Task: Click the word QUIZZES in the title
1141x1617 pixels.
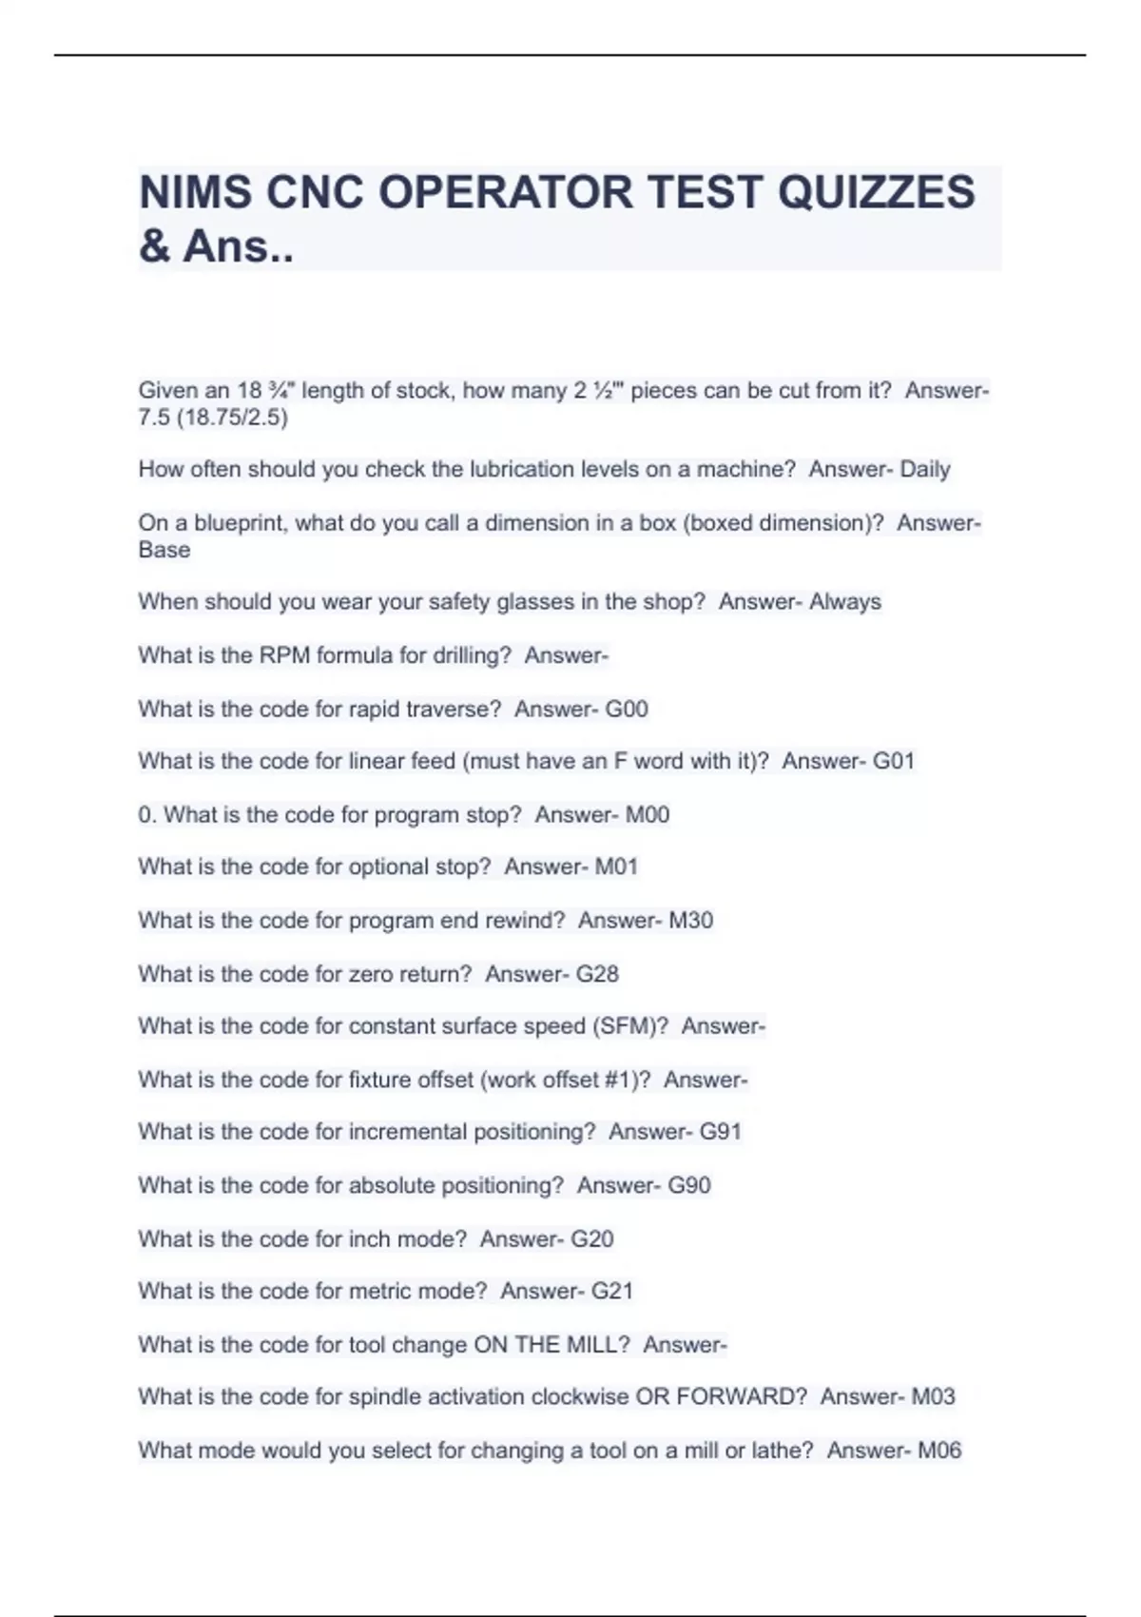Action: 877,192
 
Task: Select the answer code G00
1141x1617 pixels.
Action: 627,710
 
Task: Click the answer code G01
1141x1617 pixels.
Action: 894,762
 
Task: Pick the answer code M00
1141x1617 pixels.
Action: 648,815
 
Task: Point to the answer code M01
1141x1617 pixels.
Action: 616,867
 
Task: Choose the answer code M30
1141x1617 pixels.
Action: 691,921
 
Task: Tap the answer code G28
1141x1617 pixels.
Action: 597,974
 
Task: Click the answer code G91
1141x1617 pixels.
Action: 721,1132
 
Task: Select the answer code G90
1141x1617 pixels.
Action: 689,1186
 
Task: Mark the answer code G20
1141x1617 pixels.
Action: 591,1239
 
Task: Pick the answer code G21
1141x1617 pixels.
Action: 612,1292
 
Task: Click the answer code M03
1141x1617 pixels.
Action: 934,1397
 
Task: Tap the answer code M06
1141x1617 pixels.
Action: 939,1451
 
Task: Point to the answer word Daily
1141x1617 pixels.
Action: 925,470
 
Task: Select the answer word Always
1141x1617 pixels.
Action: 845,602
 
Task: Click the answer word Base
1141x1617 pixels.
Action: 164,551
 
